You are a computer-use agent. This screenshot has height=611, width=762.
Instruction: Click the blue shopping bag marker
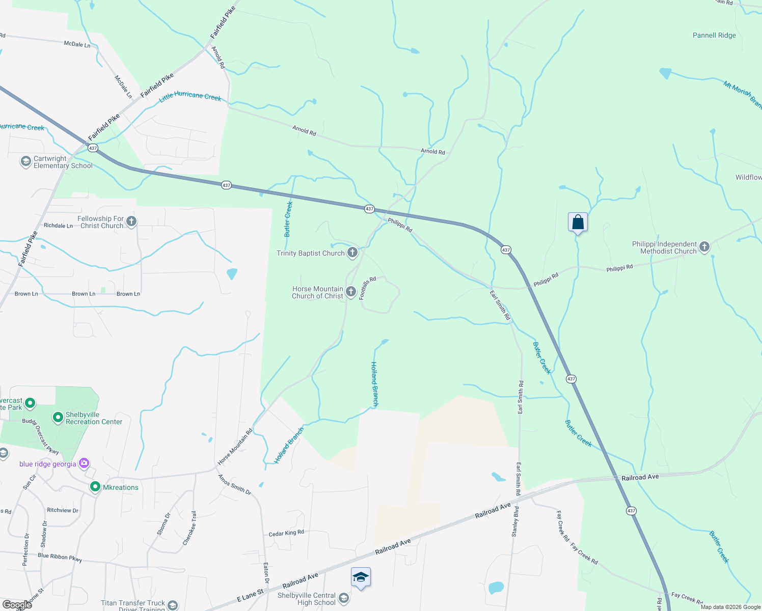[x=578, y=223]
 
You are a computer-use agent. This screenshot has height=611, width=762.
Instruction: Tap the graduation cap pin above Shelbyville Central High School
[x=361, y=577]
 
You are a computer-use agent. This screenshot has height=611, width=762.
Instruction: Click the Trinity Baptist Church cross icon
[x=352, y=253]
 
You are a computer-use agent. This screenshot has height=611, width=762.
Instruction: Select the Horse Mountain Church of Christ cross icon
[x=350, y=292]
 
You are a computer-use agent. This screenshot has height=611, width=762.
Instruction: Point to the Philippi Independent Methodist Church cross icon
[x=704, y=247]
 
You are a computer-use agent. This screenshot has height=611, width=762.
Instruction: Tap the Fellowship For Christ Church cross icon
[x=131, y=221]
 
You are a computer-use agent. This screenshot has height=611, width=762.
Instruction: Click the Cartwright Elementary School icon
[x=25, y=161]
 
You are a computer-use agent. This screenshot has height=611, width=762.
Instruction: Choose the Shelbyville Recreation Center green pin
[x=58, y=418]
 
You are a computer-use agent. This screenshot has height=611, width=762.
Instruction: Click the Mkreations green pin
[x=95, y=487]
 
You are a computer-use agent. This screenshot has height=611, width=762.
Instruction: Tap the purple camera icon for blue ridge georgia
[x=84, y=463]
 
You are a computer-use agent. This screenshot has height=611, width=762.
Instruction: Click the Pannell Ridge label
[x=714, y=36]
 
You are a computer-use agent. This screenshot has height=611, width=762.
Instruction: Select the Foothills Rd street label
[x=367, y=288]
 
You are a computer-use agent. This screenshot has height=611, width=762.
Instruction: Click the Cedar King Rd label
[x=286, y=533]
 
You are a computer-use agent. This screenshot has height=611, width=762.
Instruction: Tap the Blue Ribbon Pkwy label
[x=60, y=557]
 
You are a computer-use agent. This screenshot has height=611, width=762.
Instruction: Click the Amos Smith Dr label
[x=234, y=485]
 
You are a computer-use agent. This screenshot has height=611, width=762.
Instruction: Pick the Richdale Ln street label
[x=58, y=226]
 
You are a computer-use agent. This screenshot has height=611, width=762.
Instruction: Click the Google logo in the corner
[x=17, y=605]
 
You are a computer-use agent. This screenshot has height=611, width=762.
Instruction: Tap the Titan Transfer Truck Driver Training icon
[x=173, y=605]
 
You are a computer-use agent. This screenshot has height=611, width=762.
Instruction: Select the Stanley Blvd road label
[x=515, y=521]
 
